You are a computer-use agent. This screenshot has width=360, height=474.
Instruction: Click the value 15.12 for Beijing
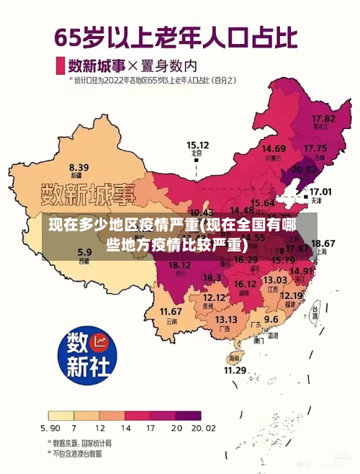coord(197,145)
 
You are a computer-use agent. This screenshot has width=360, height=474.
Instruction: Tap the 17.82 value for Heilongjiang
coord(323,117)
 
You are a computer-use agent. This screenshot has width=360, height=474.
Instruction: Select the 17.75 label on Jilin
coord(315,148)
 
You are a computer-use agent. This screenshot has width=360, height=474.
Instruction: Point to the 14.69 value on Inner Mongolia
coord(274,148)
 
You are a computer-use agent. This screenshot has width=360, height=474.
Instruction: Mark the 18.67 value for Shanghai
coord(323,243)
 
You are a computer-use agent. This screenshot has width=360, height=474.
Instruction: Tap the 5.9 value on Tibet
coord(84,252)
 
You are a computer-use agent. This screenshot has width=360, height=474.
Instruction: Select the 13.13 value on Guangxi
coord(226,319)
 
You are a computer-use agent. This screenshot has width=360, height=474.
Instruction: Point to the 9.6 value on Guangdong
coord(271,318)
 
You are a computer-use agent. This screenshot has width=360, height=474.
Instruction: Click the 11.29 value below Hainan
coord(235,370)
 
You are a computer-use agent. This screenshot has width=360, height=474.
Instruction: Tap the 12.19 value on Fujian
coord(291,295)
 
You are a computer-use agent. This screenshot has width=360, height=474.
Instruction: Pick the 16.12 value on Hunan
coord(245,284)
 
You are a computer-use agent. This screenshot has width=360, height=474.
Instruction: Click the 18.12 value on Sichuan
coord(179,266)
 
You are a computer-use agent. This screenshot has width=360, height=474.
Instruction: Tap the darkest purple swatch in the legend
coord(189,416)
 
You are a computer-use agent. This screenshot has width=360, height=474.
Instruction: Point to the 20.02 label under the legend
coord(201,428)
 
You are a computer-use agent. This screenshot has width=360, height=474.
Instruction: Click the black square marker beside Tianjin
coord(305,195)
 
